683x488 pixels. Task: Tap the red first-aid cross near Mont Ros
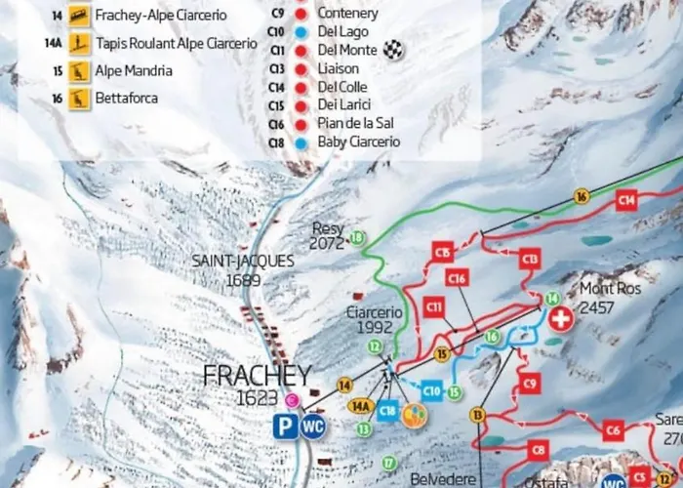(560, 319)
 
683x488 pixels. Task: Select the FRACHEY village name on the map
(257, 376)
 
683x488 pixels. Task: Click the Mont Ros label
(611, 289)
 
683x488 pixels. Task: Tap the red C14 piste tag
(625, 200)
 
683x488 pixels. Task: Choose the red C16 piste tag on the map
(457, 278)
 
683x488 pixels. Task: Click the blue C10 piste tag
(431, 392)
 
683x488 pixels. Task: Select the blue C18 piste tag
(388, 412)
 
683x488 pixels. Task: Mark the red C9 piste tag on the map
(529, 384)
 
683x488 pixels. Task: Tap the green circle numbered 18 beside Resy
(357, 237)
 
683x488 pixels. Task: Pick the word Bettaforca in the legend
(128, 98)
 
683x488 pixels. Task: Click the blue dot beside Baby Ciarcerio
(301, 142)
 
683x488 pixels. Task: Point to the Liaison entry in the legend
(338, 68)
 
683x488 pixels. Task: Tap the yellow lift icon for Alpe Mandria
(79, 71)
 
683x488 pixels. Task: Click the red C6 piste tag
(612, 429)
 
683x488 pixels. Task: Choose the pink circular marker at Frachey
(292, 399)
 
